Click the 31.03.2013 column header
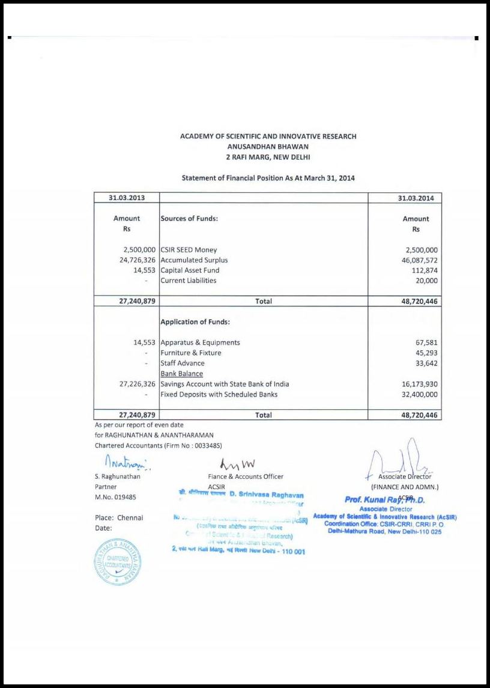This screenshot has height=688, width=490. pos(127,198)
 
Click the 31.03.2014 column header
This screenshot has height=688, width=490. pos(416,198)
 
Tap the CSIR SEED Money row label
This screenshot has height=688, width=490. pos(189,250)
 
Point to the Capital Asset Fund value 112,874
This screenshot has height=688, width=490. pos(421,270)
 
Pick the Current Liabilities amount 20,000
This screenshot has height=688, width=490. pos(423,281)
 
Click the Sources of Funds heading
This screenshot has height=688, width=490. pos(189,219)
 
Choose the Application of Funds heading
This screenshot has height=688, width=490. pos(195,322)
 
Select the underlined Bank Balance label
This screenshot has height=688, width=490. pos(181,374)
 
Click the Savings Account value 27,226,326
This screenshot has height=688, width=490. pos(134,384)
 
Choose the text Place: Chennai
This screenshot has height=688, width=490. pos(119,518)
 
